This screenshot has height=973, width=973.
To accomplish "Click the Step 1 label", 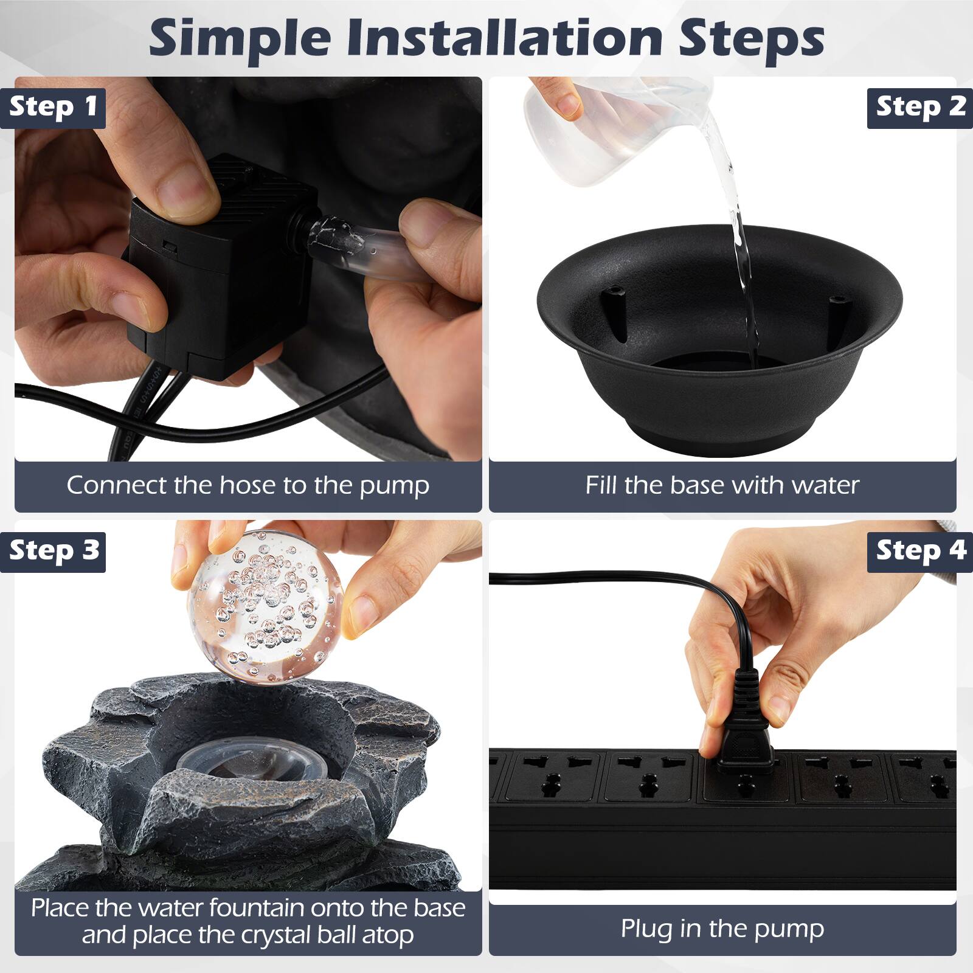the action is (53, 107).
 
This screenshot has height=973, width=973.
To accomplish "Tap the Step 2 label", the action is (920, 107).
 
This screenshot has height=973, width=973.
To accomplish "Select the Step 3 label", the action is (53, 551).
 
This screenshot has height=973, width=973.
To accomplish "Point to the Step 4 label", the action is (920, 551).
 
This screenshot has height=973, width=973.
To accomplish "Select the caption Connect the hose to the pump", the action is (248, 485).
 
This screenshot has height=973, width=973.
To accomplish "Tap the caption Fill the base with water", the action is (722, 485).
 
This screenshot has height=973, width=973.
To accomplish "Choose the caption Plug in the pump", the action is (722, 929).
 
